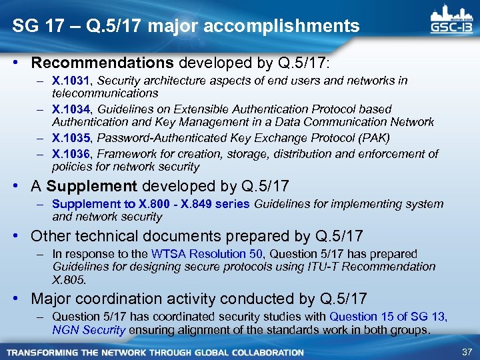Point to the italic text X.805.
69,279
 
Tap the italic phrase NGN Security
88,329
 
